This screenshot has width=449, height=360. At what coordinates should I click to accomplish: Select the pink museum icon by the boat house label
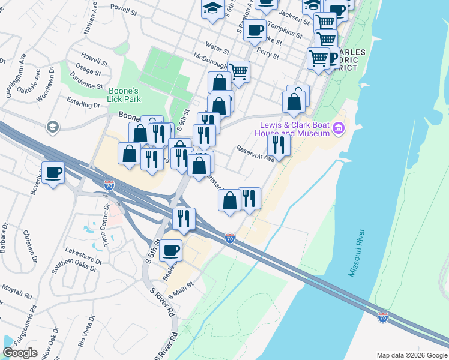coord(339,127)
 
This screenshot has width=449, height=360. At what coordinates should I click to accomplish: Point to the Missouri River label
coord(357,252)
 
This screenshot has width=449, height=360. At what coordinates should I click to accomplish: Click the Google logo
coord(20,353)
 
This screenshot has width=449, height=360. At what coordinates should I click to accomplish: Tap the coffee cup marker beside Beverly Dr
coord(53,173)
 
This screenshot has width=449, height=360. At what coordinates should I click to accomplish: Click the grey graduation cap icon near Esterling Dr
coord(53,126)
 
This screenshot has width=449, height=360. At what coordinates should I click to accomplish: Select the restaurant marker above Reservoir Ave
coord(279,144)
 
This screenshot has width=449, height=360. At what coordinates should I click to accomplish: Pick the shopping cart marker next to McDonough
coord(239,71)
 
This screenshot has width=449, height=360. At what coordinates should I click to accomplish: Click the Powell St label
coord(124,10)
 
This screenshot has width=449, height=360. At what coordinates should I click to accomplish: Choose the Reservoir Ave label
coord(255,154)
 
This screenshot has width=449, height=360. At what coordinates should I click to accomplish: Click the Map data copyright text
coord(411,355)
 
